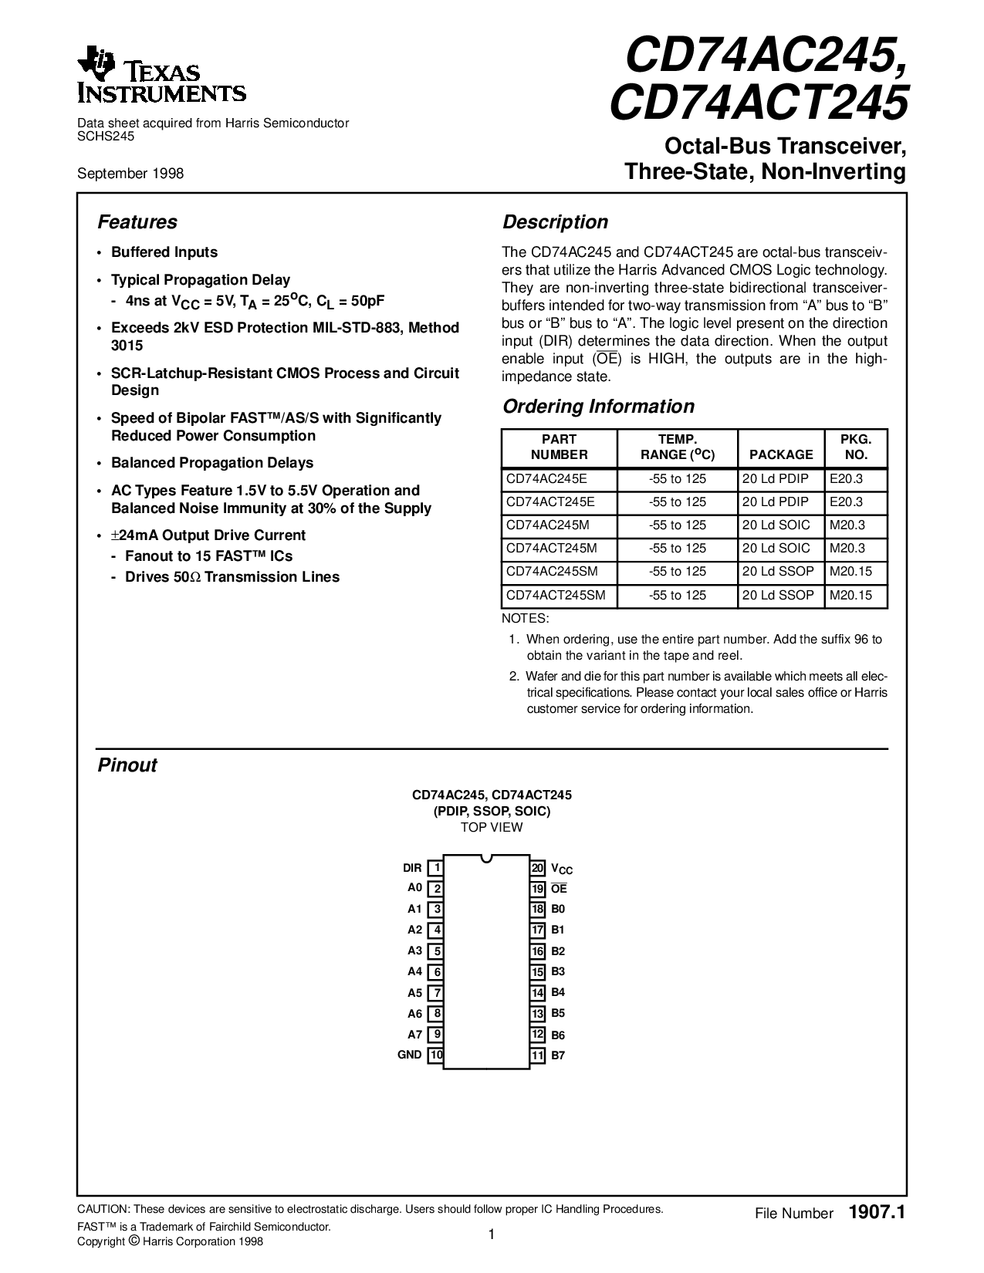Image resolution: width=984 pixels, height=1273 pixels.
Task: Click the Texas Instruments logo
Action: point(161,76)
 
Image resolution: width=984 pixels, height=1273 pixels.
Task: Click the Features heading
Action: point(137,222)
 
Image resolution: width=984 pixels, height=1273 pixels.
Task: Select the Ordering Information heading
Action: point(598,407)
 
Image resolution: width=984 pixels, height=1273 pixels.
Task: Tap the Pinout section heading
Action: point(127,765)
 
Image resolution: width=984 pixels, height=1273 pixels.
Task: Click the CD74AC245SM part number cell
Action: point(552,572)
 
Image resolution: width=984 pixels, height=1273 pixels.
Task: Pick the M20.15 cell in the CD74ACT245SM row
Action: point(850,596)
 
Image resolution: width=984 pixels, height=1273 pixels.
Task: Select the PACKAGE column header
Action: point(781,454)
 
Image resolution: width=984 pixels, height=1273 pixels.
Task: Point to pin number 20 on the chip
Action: point(538,868)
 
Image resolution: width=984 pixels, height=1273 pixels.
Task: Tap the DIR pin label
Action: point(412,868)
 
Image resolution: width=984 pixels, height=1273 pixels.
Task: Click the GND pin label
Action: point(410,1055)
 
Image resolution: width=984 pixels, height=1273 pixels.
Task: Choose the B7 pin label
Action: point(558,1055)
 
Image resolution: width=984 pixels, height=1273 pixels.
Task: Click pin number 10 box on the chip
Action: point(436,1055)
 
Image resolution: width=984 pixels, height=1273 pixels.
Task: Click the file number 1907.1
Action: point(876,1213)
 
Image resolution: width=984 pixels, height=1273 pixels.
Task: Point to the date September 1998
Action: point(130,174)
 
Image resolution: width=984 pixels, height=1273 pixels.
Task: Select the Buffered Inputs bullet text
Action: point(164,252)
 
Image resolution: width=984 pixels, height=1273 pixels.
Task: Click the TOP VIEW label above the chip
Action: point(492,827)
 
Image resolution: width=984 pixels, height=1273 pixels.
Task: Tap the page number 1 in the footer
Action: point(491,1234)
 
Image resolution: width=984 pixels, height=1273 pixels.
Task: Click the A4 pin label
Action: point(415,971)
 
